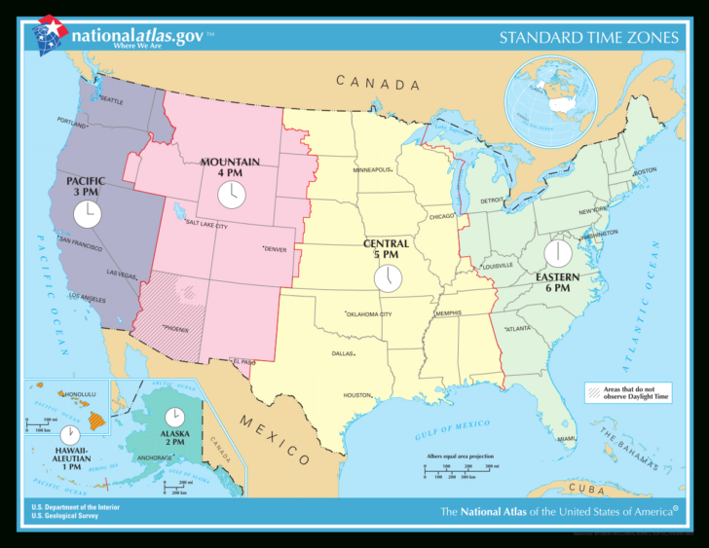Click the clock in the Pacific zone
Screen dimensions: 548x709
click(87, 212)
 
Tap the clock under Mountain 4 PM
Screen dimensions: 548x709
click(230, 195)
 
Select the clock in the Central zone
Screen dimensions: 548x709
click(388, 278)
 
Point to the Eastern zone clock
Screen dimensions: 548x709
click(558, 253)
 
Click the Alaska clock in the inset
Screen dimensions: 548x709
click(174, 417)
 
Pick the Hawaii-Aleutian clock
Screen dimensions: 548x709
click(69, 434)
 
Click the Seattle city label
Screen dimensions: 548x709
click(111, 100)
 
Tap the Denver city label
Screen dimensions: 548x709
click(276, 249)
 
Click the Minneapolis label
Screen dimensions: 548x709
click(372, 169)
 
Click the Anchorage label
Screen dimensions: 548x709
click(155, 457)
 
